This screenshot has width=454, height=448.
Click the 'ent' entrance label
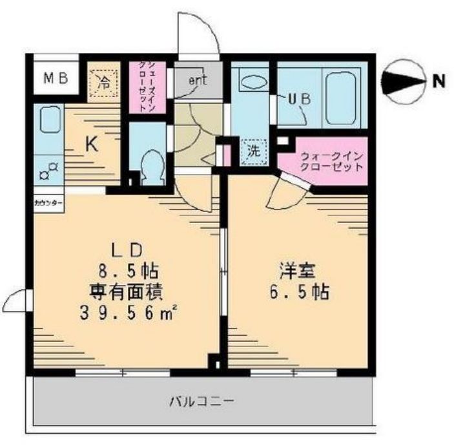(198, 80)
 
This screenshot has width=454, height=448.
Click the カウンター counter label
(48, 202)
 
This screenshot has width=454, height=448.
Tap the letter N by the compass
(439, 81)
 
